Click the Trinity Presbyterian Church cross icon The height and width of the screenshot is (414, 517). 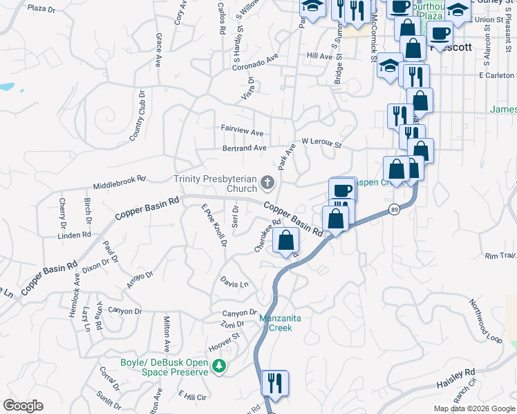pyautogui.click(x=267, y=184)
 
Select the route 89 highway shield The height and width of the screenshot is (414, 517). pyautogui.click(x=394, y=210)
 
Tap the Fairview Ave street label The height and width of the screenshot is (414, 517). pyautogui.click(x=242, y=131)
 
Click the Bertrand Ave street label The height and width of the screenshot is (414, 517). pyautogui.click(x=244, y=148)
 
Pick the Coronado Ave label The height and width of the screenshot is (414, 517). pyautogui.click(x=254, y=63)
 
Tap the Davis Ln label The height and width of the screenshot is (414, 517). pyautogui.click(x=234, y=283)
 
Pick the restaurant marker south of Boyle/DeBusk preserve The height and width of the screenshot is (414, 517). pyautogui.click(x=274, y=384)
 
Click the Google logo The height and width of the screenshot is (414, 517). pyautogui.click(x=23, y=406)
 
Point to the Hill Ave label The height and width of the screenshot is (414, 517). pyautogui.click(x=320, y=56)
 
